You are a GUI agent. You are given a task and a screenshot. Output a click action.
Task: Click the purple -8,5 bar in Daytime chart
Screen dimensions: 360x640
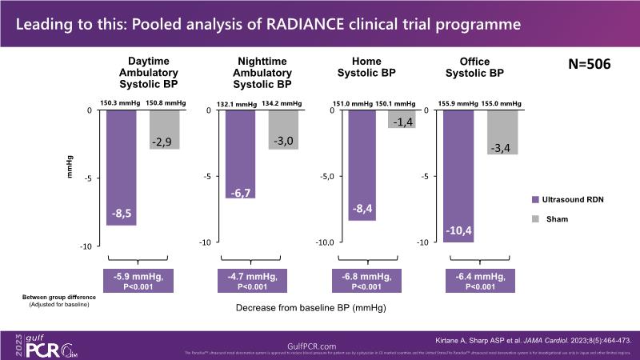pyautogui.click(x=122, y=167)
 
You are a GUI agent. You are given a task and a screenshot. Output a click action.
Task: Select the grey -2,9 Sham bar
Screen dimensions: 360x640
pyautogui.click(x=164, y=130)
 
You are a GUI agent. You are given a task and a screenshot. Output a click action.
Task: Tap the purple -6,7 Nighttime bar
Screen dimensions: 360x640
pyautogui.click(x=242, y=154)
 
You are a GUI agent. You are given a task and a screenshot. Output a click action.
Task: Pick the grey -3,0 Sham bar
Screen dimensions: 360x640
pyautogui.click(x=283, y=130)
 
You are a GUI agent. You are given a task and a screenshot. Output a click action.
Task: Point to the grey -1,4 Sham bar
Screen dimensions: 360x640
pyautogui.click(x=401, y=119)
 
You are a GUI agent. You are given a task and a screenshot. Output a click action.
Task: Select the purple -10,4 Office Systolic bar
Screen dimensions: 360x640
pyautogui.click(x=458, y=175)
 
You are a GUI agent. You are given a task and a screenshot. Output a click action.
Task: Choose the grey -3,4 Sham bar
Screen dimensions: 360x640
pyautogui.click(x=502, y=132)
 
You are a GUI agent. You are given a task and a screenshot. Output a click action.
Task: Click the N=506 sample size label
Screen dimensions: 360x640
pyautogui.click(x=589, y=65)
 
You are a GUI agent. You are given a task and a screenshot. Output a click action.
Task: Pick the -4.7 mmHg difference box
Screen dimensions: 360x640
pyautogui.click(x=258, y=282)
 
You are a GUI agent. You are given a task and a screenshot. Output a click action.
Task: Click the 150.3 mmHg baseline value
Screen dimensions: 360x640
pyautogui.click(x=120, y=102)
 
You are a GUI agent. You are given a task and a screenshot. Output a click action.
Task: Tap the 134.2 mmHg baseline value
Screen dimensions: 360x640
pyautogui.click(x=283, y=103)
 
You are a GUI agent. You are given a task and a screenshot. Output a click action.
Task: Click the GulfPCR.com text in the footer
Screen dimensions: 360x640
pyautogui.click(x=319, y=340)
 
